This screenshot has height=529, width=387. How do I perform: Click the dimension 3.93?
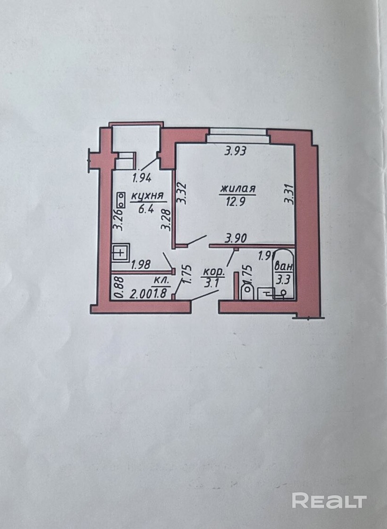click(x=237, y=152)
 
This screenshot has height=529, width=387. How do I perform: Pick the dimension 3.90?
click(x=235, y=239)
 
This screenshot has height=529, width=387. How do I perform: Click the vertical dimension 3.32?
click(x=182, y=193)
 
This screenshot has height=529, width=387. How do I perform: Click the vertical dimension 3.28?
click(x=166, y=220)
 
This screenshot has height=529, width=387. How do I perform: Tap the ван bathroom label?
click(x=284, y=268)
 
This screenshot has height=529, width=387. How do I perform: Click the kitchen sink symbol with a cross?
click(x=122, y=252)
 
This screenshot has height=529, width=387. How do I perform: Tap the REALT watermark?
click(x=329, y=500)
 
